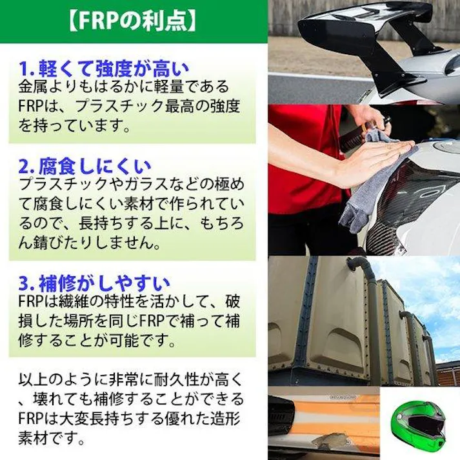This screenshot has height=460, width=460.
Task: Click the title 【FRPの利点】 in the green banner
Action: [132, 21]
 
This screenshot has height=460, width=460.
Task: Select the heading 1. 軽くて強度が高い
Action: [103, 66]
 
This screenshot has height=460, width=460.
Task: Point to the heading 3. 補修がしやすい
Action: [94, 283]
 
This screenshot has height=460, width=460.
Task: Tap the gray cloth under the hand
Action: [374, 187]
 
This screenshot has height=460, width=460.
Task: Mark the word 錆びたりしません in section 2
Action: [97, 244]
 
